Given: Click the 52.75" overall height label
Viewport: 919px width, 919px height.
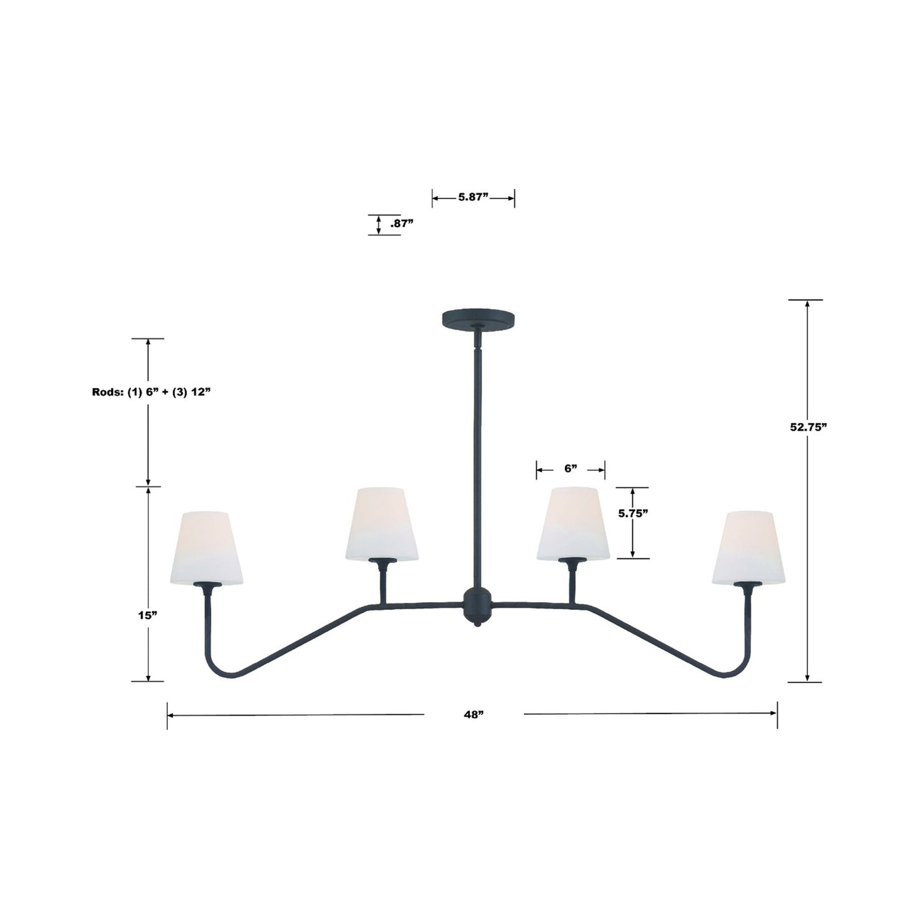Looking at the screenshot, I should [808, 427].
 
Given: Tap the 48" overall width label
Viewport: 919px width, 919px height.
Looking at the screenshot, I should [473, 714].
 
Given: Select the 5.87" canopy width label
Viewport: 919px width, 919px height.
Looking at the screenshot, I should [473, 197].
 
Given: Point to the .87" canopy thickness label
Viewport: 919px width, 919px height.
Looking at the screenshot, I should [401, 223].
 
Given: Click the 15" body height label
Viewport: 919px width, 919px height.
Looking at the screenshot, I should [147, 615].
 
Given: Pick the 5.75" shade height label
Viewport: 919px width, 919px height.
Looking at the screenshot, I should [633, 514].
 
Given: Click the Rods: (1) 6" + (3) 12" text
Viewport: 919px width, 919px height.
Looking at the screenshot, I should [151, 392].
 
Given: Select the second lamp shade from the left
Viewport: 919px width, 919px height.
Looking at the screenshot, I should [382, 523].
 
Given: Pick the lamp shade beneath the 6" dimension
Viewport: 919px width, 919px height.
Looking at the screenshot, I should [573, 523].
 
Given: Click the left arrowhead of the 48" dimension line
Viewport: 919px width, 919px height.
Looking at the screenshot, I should [170, 715].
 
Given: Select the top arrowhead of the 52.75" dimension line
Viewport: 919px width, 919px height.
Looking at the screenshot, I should [807, 303].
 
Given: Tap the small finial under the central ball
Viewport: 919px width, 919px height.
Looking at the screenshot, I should [477, 625].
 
